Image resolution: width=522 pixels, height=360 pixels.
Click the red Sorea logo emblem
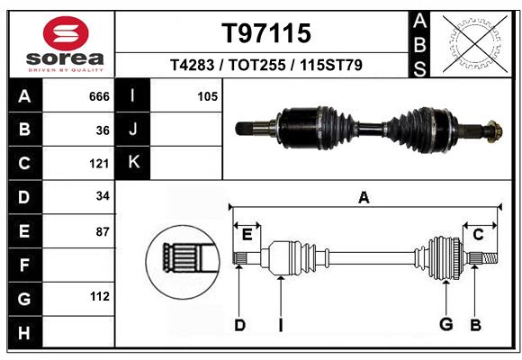[66, 33]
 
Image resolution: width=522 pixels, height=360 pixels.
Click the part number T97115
[266, 33]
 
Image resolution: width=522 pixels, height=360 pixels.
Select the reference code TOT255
[257, 65]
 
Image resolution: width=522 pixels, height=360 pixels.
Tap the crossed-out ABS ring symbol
[475, 44]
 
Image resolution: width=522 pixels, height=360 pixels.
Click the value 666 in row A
[99, 96]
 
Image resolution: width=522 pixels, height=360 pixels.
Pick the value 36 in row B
[103, 130]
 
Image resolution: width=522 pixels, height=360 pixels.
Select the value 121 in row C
[99, 164]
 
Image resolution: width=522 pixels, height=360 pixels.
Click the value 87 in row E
[103, 232]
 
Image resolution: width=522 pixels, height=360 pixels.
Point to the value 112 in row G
[100, 296]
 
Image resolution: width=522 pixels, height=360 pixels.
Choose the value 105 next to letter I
[207, 96]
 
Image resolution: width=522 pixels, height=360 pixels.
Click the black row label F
[25, 265]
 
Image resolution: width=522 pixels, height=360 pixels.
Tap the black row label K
[133, 163]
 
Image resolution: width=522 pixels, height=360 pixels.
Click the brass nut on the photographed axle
[494, 131]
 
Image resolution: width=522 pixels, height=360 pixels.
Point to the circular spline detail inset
[183, 262]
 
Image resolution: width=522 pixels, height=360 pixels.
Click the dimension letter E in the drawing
[247, 235]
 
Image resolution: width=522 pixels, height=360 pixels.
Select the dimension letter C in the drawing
[478, 235]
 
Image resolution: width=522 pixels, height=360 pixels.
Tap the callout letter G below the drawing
[446, 324]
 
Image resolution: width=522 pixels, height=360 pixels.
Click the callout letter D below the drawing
[239, 325]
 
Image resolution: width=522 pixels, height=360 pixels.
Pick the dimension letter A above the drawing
[364, 197]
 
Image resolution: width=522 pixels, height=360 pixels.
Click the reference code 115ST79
[331, 65]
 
